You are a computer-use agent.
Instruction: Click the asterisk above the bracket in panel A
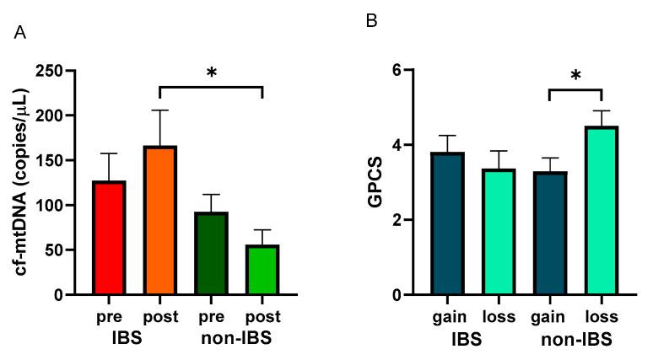211,73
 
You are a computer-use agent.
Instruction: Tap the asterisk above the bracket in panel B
575,77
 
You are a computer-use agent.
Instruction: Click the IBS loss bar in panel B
498,232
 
